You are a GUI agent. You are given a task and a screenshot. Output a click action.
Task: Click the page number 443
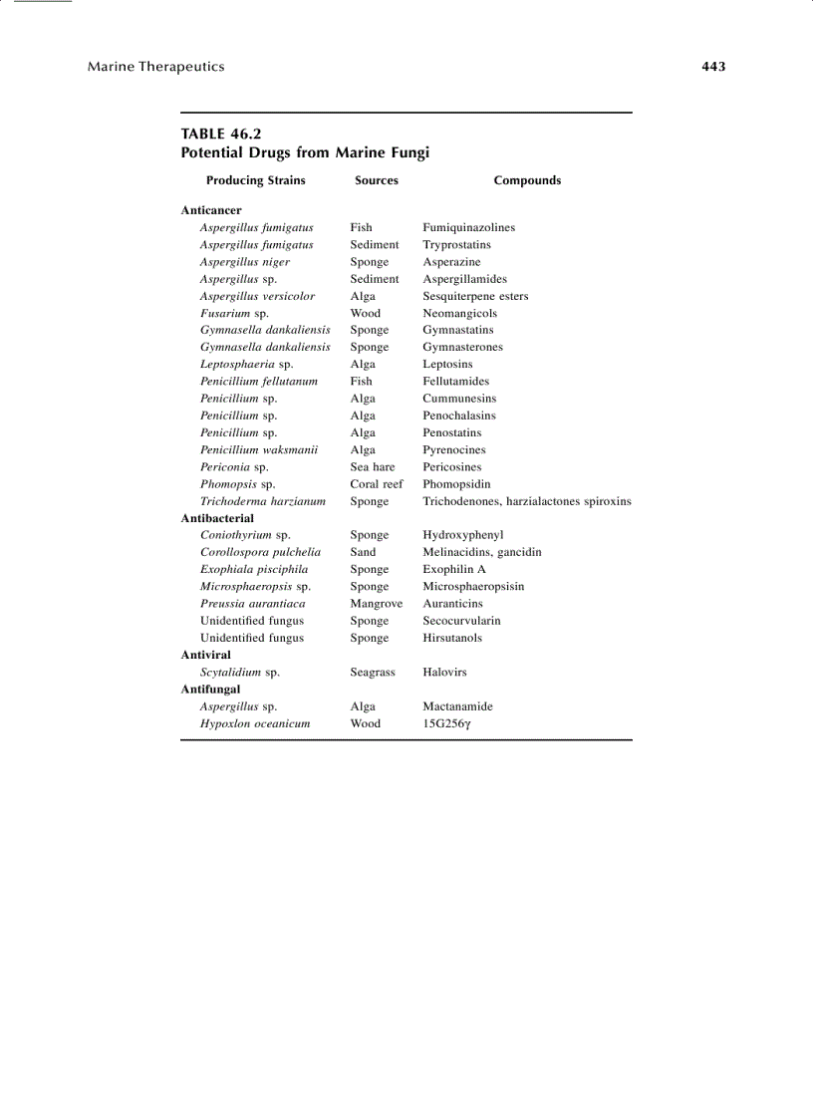[713, 67]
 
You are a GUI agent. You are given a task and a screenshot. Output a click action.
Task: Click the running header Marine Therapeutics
[156, 67]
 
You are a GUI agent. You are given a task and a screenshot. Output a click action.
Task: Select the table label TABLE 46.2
[221, 134]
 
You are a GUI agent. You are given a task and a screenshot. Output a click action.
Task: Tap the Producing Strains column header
[256, 180]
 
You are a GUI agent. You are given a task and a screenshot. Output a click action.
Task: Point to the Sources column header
[377, 180]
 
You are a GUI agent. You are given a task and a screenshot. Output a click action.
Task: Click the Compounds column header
[527, 180]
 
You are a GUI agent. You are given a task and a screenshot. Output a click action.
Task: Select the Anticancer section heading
[211, 210]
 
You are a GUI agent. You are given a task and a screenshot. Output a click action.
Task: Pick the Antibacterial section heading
[217, 518]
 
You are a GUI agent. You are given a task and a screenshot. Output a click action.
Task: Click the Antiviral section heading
[205, 655]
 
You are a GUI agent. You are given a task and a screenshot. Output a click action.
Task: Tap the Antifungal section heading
[210, 689]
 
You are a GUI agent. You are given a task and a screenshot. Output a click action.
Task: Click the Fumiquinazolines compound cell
[469, 227]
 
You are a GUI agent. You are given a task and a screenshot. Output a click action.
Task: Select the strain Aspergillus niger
[245, 262]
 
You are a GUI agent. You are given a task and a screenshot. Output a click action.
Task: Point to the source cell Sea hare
[373, 466]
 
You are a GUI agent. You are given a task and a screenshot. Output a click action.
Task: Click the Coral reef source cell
[377, 484]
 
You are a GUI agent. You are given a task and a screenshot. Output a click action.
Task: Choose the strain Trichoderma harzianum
[263, 501]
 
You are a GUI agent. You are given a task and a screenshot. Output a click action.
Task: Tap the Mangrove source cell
[377, 604]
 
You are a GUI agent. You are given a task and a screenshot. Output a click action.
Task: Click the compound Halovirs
[444, 673]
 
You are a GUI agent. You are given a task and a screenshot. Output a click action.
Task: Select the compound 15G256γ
[446, 723]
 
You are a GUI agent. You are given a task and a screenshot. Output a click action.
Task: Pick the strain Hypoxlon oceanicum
[255, 723]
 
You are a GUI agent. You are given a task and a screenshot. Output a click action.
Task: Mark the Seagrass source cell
[373, 673]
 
